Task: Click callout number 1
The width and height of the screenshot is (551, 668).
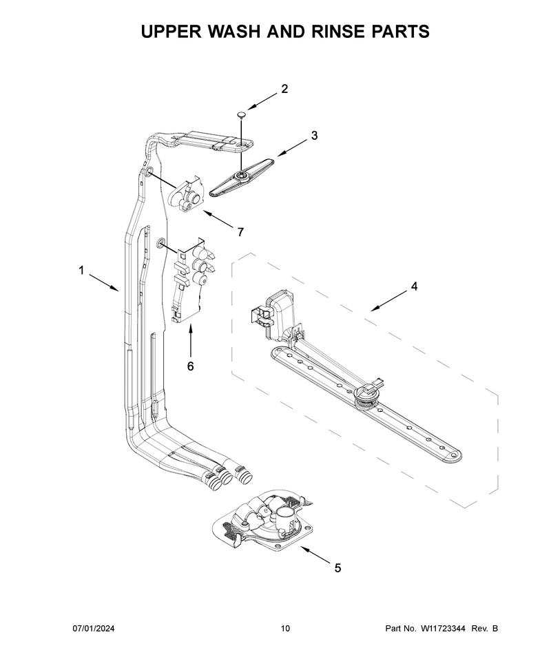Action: pyautogui.click(x=81, y=270)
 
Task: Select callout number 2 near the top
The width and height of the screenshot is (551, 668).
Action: pyautogui.click(x=284, y=89)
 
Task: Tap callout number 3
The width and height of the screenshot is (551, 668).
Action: pyautogui.click(x=314, y=136)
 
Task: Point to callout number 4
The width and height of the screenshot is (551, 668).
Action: pyautogui.click(x=414, y=286)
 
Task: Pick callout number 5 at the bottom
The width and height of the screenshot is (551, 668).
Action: pyautogui.click(x=337, y=568)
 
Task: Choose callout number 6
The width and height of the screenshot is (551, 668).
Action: pyautogui.click(x=191, y=366)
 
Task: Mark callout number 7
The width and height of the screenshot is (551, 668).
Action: pyautogui.click(x=241, y=232)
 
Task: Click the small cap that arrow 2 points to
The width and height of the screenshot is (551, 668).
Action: pyautogui.click(x=242, y=114)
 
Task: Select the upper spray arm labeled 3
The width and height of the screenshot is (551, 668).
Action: pyautogui.click(x=242, y=176)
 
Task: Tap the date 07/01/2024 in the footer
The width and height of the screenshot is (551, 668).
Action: pyautogui.click(x=94, y=628)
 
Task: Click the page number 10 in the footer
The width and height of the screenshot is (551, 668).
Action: pyautogui.click(x=285, y=628)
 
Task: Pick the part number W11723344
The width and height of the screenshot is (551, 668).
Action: pyautogui.click(x=443, y=628)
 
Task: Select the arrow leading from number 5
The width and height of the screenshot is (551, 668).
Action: pyautogui.click(x=315, y=554)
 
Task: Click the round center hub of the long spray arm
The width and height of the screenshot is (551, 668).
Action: pyautogui.click(x=365, y=398)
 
